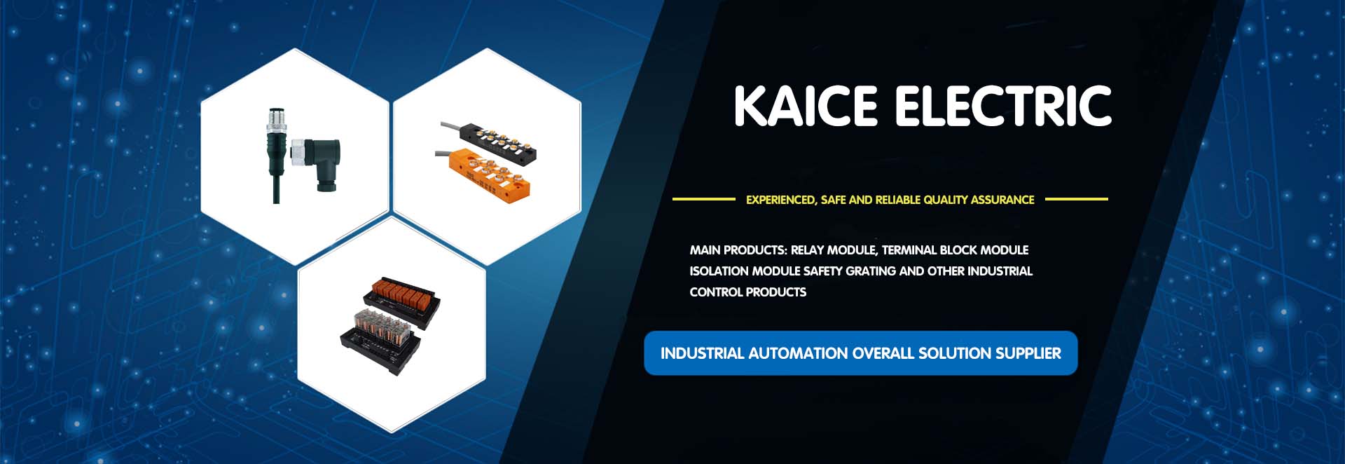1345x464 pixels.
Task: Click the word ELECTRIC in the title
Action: [x=1003, y=106]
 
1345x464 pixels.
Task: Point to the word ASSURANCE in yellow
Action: [x=1003, y=200]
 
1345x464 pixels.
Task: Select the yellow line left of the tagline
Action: [x=704, y=199]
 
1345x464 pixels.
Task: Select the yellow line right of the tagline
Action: [x=1077, y=199]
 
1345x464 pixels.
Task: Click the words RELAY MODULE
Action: [x=834, y=250]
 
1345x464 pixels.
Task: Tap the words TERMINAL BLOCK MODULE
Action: [x=955, y=250]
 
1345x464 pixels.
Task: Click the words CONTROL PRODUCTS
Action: [x=747, y=292]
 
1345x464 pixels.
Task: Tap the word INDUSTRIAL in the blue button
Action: [x=702, y=353]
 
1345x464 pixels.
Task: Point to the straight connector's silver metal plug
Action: [x=277, y=121]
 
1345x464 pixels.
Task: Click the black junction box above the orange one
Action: [x=490, y=140]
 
